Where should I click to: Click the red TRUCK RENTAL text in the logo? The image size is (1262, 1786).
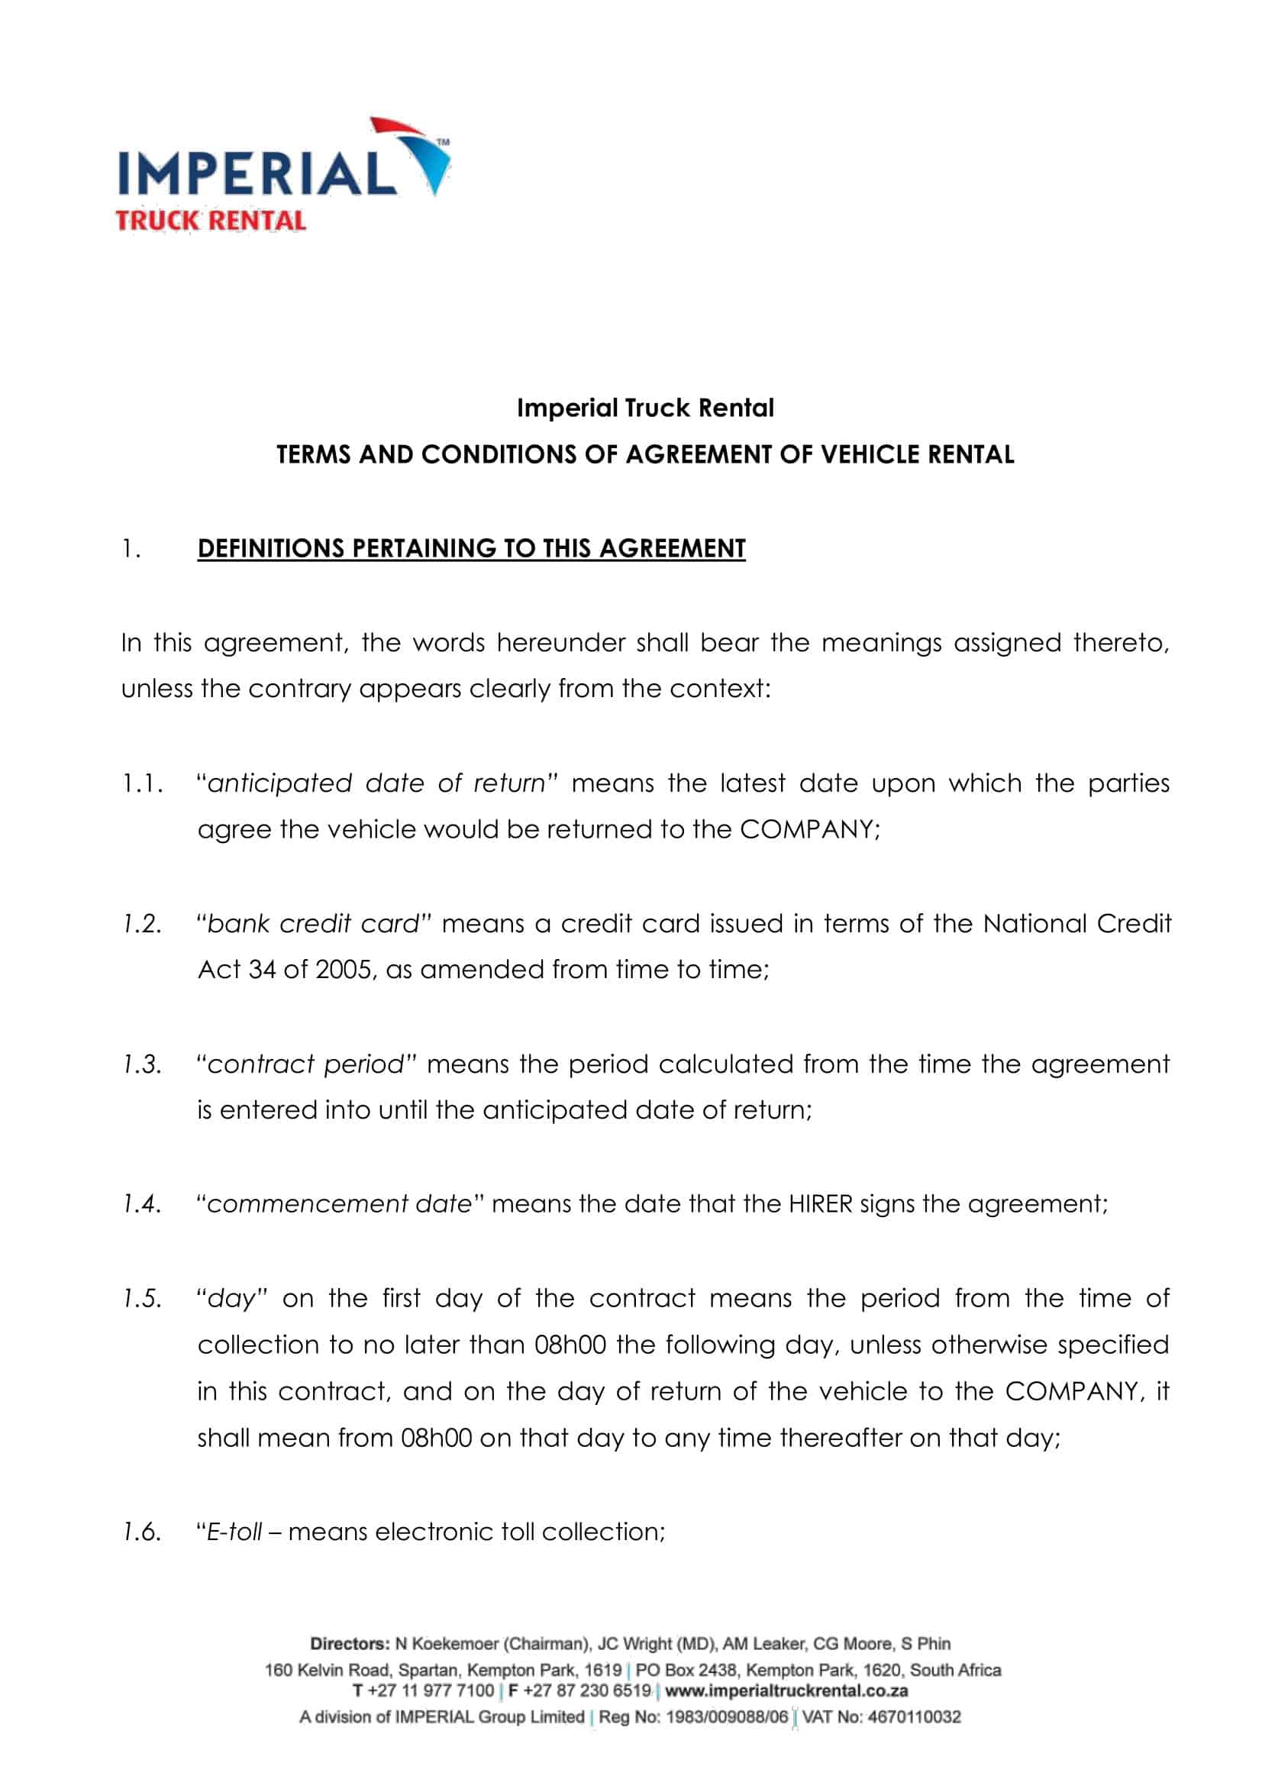pyautogui.click(x=211, y=221)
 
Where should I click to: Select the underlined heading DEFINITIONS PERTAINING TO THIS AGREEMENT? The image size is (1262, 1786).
pyautogui.click(x=471, y=548)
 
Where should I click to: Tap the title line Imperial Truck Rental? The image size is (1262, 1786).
pyautogui.click(x=645, y=408)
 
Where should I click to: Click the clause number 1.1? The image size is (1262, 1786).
pyautogui.click(x=142, y=783)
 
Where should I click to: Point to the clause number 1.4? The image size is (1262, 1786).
pyautogui.click(x=142, y=1204)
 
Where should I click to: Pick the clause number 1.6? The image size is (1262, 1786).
pyautogui.click(x=142, y=1532)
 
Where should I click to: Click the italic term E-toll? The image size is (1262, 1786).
pyautogui.click(x=234, y=1532)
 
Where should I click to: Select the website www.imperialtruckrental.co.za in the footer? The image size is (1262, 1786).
pyautogui.click(x=786, y=1691)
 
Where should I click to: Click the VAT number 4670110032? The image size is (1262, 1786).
pyautogui.click(x=914, y=1717)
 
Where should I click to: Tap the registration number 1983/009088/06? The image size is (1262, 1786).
pyautogui.click(x=727, y=1717)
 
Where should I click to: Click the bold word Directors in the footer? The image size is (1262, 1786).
pyautogui.click(x=349, y=1644)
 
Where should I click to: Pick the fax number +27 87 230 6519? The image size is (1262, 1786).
pyautogui.click(x=587, y=1691)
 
